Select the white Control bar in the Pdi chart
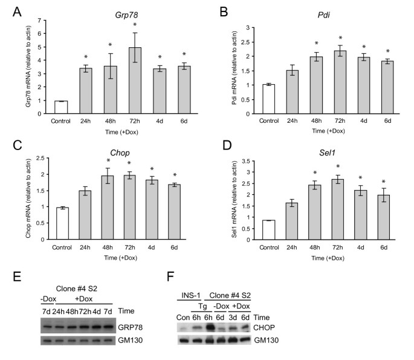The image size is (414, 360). [x=269, y=99]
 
